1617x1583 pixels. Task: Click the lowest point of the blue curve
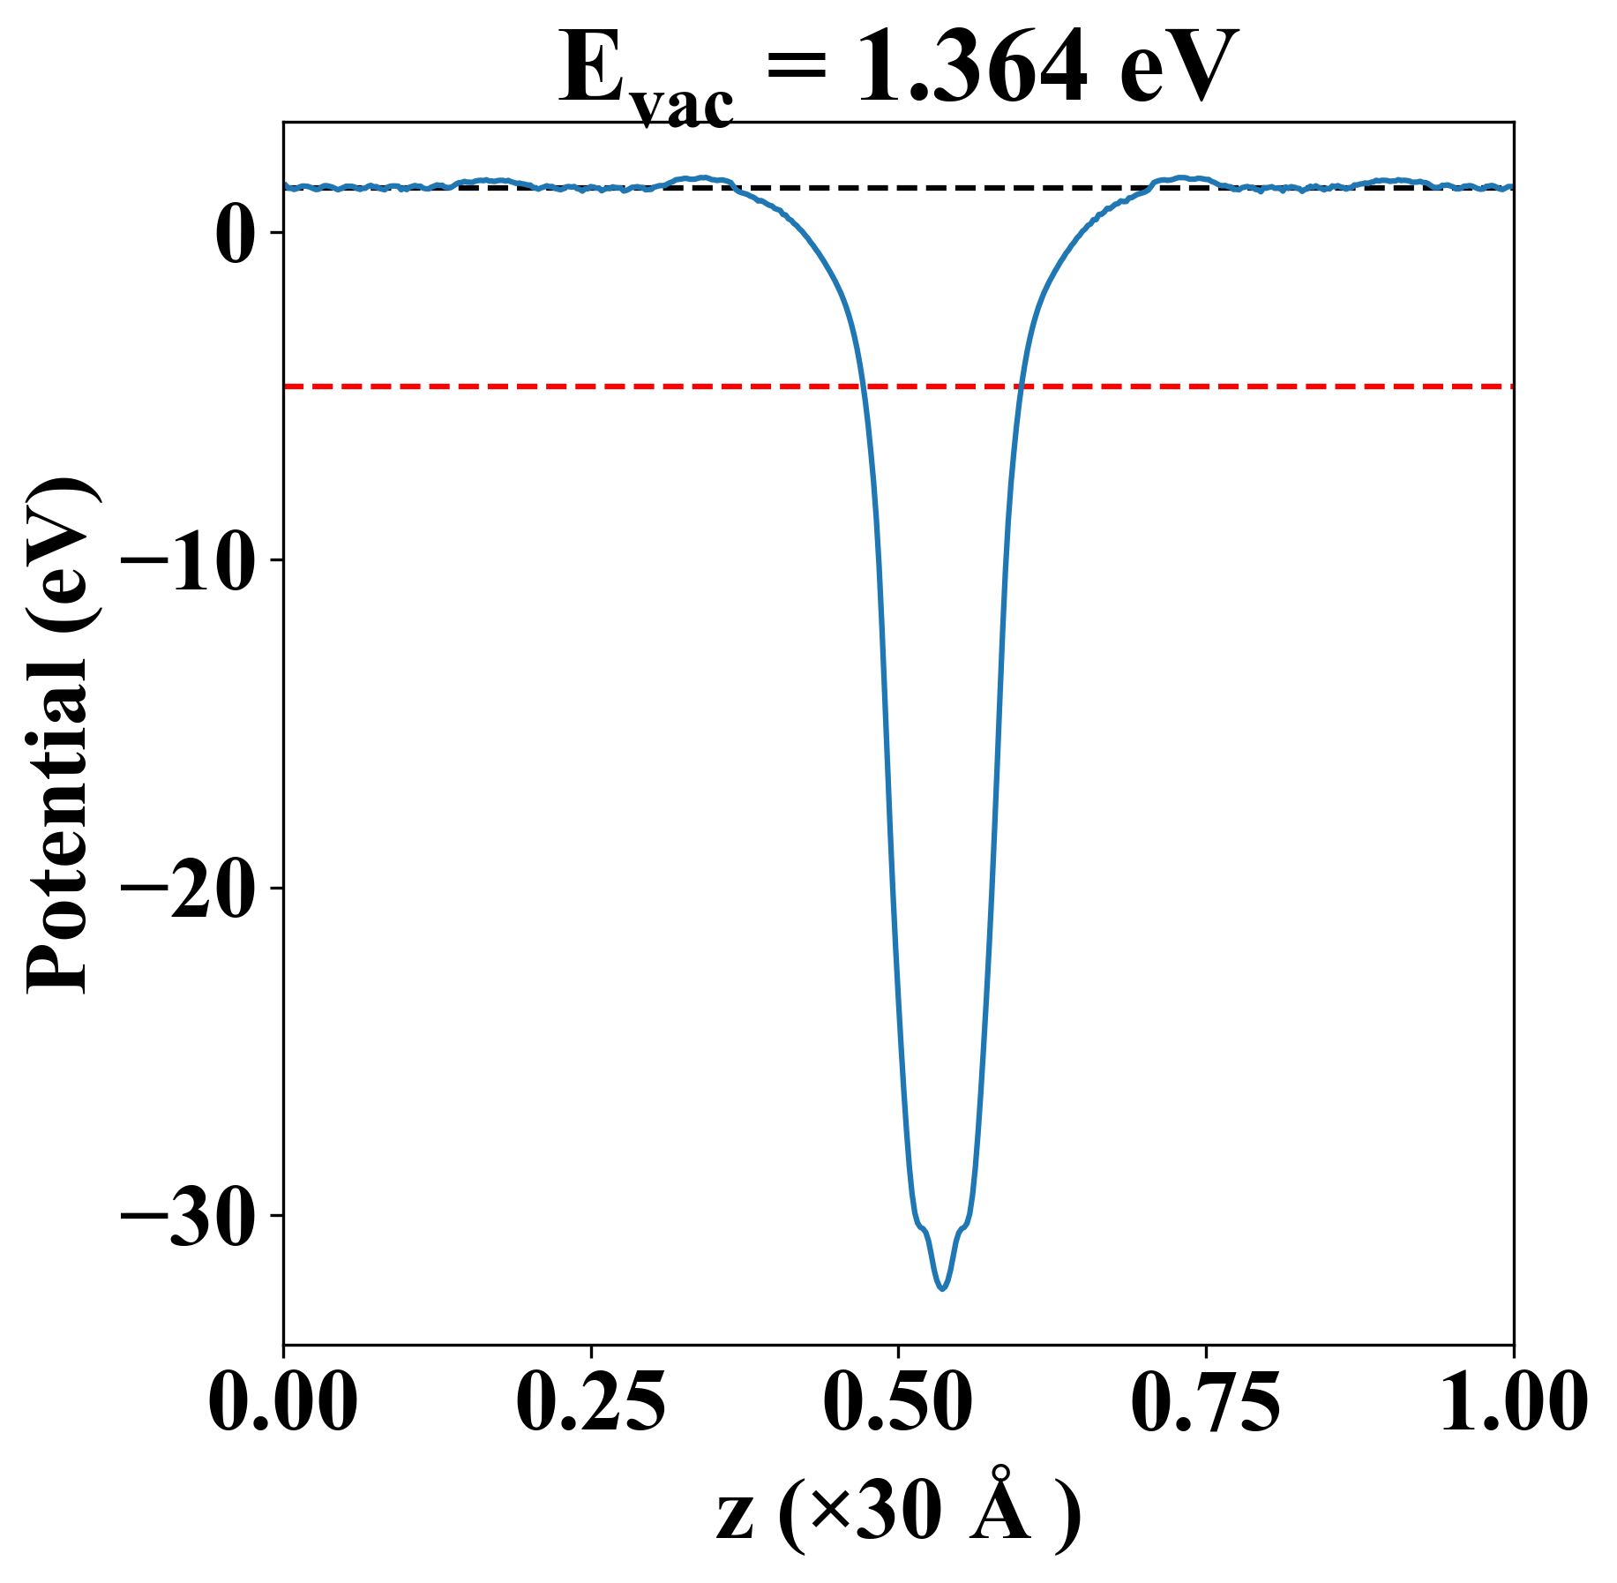point(943,1289)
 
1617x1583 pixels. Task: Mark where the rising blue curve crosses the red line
point(1021,386)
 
